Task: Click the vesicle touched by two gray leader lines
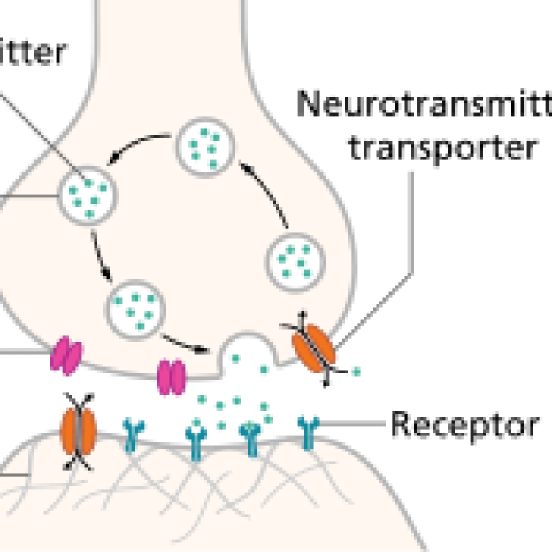click(87, 195)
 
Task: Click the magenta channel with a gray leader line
click(66, 356)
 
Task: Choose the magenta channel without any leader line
click(172, 378)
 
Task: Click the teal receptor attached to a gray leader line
click(307, 428)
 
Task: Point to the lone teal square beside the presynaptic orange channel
click(356, 371)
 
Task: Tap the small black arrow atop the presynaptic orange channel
click(302, 319)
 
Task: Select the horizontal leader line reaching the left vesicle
click(28, 196)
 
